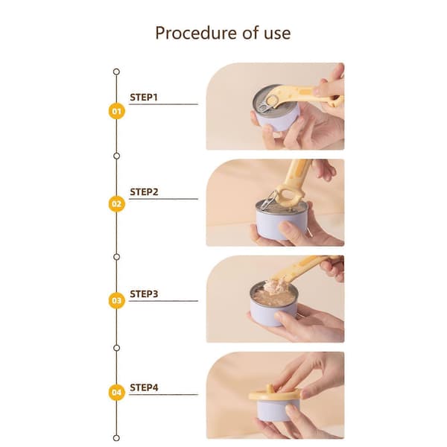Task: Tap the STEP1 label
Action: (144, 97)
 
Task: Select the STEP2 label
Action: (144, 192)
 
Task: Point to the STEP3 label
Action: (144, 294)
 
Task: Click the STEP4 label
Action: (144, 387)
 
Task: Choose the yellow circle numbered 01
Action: (117, 111)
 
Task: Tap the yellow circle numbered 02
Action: (117, 204)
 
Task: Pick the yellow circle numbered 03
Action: (117, 300)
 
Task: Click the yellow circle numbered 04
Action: (117, 393)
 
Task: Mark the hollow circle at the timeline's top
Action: (116, 72)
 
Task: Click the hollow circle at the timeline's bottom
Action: (116, 438)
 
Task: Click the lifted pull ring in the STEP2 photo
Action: (268, 200)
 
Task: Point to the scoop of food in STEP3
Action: (276, 286)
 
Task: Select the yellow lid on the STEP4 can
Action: (274, 395)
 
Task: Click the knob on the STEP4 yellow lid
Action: (269, 388)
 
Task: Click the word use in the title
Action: (277, 34)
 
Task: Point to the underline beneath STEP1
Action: (163, 104)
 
